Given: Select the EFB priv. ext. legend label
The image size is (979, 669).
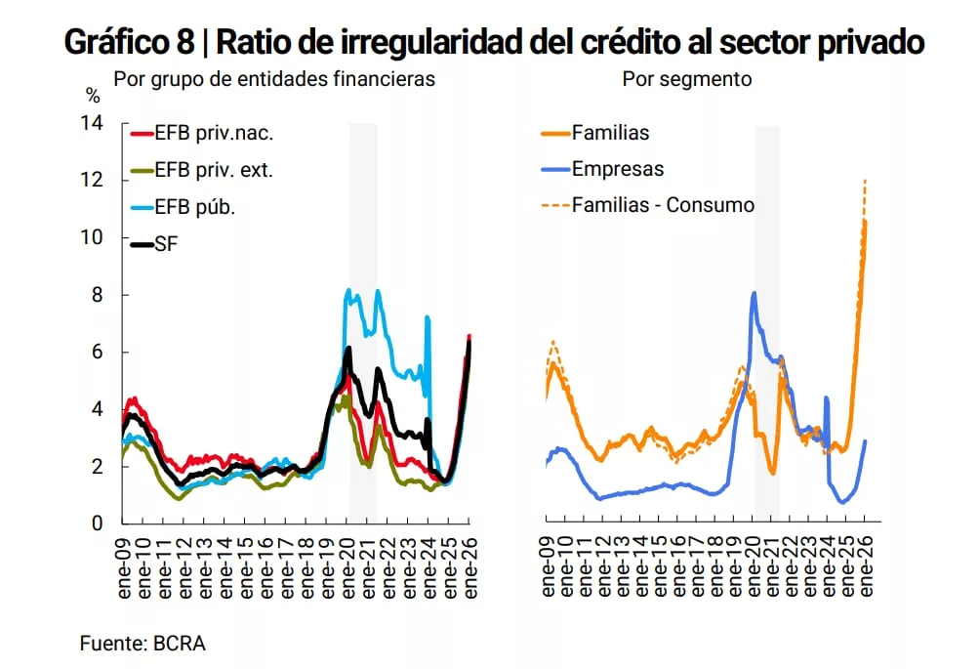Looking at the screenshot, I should (x=214, y=169).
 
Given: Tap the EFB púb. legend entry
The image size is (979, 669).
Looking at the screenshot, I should (x=195, y=206).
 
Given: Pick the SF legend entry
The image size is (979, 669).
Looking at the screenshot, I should (x=167, y=243).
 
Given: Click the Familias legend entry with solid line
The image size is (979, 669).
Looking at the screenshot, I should (x=610, y=133).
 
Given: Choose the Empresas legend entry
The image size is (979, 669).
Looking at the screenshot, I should (x=617, y=169).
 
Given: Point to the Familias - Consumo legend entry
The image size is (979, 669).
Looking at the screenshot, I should (x=663, y=205).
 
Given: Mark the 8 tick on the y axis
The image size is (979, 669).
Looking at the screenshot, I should (x=97, y=295).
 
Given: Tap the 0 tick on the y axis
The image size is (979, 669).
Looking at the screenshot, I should (x=97, y=523).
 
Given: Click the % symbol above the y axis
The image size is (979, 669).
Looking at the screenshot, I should (x=94, y=96).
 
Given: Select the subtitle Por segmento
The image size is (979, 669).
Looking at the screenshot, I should (x=687, y=79).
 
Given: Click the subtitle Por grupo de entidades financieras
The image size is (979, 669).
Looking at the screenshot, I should (x=274, y=79).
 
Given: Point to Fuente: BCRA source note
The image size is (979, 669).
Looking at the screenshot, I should (x=143, y=644).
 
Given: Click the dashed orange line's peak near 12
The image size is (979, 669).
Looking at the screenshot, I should (x=865, y=181).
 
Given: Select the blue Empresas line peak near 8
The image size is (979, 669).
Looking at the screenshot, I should (x=754, y=293).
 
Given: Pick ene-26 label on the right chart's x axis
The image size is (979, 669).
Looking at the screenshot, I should (x=864, y=566).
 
